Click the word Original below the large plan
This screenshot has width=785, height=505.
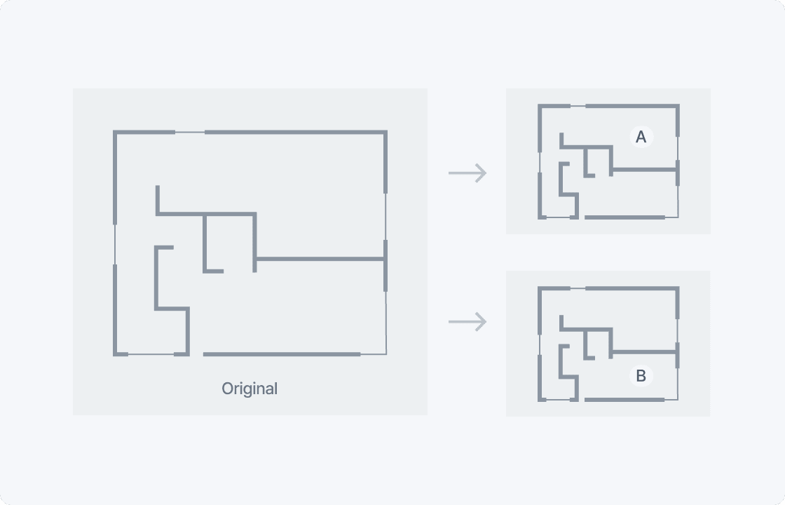(250, 389)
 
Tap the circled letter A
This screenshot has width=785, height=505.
(641, 137)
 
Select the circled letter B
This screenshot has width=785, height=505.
(641, 376)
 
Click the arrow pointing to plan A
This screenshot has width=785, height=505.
(467, 173)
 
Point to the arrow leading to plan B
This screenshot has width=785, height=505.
(467, 322)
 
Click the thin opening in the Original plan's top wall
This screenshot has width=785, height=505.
(190, 133)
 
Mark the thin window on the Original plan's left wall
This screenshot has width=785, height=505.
(115, 245)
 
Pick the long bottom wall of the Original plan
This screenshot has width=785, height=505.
(282, 354)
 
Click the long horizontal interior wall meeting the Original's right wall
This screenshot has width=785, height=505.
(320, 259)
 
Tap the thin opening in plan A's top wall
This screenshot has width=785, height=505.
(578, 106)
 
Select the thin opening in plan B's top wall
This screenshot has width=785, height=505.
(578, 288)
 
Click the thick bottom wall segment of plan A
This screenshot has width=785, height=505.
(624, 217)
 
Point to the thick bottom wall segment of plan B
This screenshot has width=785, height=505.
(624, 400)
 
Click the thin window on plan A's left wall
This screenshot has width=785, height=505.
(540, 162)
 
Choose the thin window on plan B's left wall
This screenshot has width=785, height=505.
(540, 344)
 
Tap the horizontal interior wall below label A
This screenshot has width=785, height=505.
(645, 170)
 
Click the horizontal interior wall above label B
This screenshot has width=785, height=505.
(645, 352)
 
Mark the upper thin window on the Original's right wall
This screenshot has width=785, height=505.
(385, 217)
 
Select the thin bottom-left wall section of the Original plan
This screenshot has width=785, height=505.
(151, 354)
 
